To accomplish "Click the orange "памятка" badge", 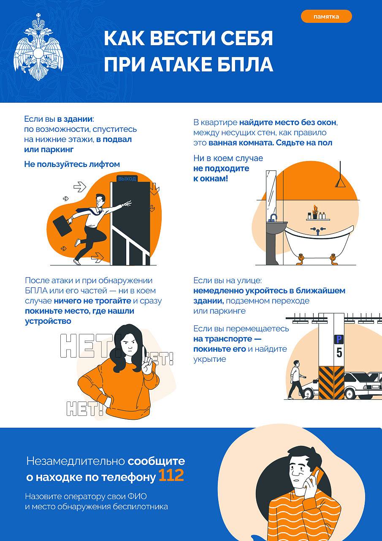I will [326, 16].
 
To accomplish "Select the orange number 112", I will [171, 475].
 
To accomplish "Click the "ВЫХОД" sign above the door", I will [127, 179].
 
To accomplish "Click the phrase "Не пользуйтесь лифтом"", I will [72, 164].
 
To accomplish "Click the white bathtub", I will [319, 241].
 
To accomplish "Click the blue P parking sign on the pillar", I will [339, 339].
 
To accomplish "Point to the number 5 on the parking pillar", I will [339, 353].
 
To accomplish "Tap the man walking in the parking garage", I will [296, 380].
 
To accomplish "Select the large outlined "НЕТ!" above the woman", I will [87, 346].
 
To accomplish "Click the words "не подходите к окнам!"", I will [221, 173].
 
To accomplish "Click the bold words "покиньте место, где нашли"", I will [79, 311].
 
